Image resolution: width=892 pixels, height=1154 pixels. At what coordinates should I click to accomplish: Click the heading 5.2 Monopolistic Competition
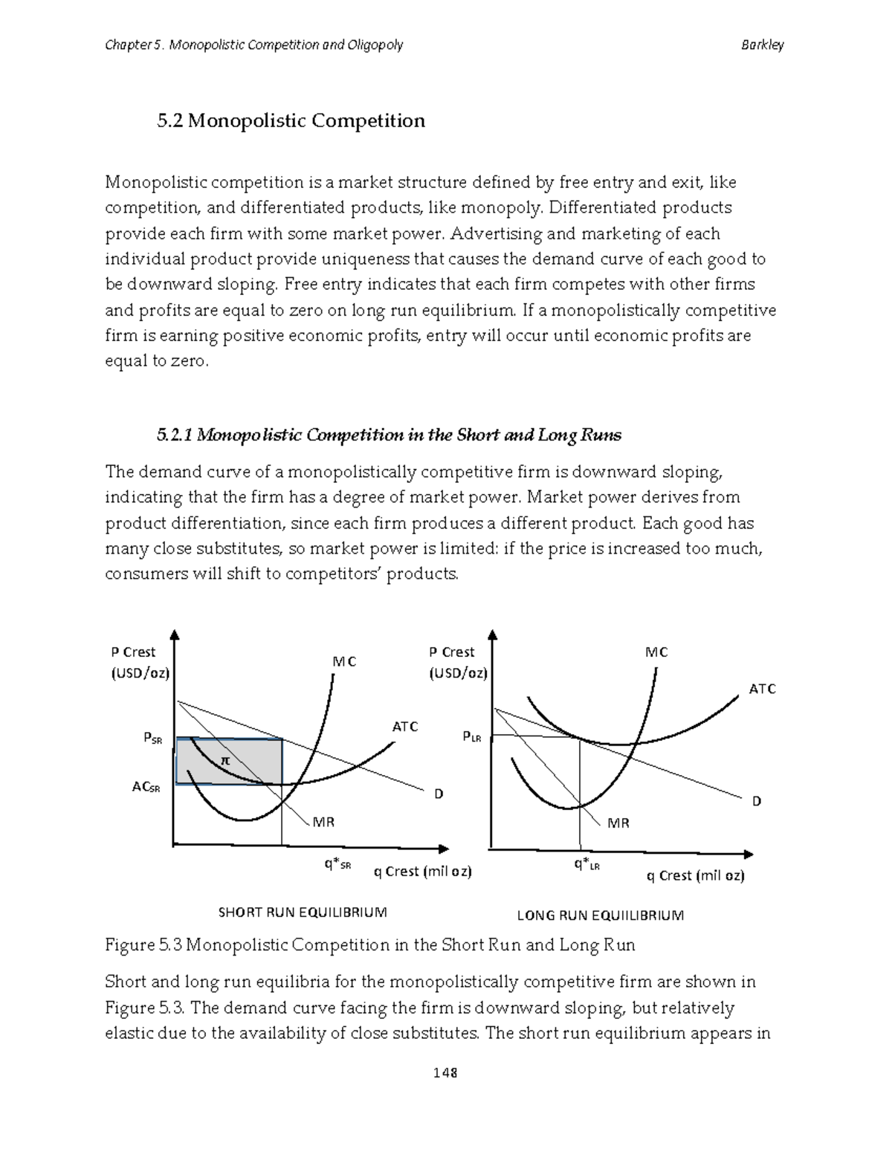291,121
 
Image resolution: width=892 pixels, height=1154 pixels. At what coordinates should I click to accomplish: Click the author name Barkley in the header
762,45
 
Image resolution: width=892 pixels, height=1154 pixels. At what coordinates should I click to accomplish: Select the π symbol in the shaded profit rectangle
225,761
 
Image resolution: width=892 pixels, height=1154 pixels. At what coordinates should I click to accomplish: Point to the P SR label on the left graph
152,739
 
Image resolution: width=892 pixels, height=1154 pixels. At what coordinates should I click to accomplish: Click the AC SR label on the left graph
146,787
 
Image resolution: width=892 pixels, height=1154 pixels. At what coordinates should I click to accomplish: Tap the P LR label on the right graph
472,737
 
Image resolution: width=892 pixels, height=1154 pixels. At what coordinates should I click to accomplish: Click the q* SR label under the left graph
337,864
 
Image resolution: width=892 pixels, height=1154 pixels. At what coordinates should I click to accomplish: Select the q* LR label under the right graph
586,864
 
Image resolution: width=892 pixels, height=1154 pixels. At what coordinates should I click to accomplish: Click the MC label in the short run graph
344,661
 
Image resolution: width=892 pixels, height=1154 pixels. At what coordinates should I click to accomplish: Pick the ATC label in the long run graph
762,689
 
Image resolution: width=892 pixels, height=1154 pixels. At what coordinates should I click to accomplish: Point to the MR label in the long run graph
618,823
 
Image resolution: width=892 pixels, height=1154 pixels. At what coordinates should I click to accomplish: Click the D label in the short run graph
439,794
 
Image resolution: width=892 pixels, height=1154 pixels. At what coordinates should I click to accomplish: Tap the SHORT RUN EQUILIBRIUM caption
302,912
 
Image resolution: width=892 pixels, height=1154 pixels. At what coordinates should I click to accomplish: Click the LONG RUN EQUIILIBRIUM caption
600,915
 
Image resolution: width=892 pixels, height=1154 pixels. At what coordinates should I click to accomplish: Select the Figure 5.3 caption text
369,945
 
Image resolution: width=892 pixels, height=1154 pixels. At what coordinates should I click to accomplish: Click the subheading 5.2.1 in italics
389,435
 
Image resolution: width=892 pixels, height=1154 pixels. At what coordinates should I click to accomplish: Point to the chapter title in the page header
253,45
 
